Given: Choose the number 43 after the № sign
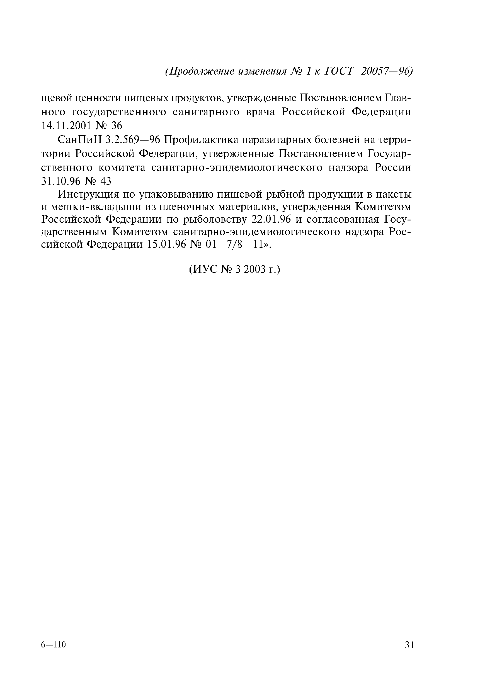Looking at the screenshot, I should tap(105, 181).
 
